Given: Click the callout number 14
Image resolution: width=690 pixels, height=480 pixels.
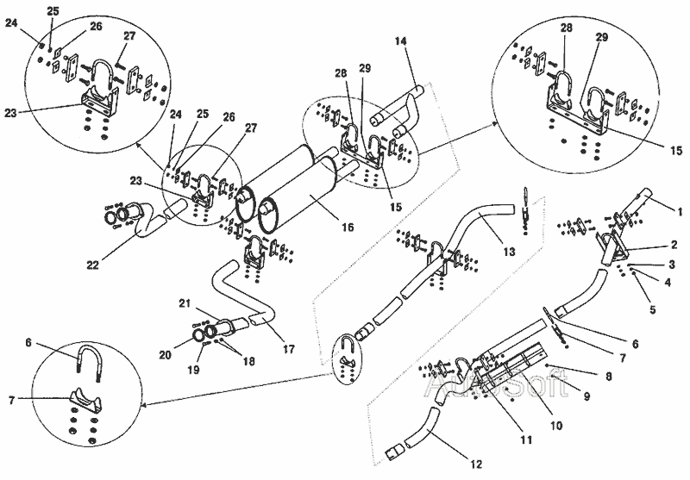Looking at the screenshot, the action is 401,41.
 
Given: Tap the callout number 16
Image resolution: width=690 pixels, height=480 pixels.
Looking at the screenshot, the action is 348,227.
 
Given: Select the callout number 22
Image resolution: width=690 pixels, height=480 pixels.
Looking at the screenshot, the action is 93,265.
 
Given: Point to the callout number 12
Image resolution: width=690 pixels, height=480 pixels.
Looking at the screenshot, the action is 476,464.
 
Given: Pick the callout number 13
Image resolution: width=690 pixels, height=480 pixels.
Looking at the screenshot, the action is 509,252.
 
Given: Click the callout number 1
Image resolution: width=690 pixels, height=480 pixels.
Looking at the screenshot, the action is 680,212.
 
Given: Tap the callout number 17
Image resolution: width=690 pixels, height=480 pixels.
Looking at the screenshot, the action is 289,350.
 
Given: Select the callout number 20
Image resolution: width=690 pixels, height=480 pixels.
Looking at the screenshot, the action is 165,355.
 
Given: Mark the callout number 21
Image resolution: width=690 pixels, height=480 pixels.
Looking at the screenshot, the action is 185,302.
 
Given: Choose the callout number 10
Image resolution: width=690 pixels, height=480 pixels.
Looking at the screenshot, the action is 556,425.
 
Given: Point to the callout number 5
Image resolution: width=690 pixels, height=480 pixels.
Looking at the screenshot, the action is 653,309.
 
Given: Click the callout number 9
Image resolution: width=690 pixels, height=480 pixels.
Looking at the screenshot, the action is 586,396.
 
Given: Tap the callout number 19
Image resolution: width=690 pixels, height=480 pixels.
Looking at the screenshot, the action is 193,370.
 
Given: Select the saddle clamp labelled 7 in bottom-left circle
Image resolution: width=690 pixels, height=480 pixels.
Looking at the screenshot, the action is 85,398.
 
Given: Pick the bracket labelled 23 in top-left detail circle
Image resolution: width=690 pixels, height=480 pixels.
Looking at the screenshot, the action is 98,101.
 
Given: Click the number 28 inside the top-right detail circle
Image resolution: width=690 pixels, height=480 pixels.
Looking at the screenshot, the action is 566,28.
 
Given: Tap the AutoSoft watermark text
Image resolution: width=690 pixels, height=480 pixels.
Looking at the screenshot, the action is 497,385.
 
